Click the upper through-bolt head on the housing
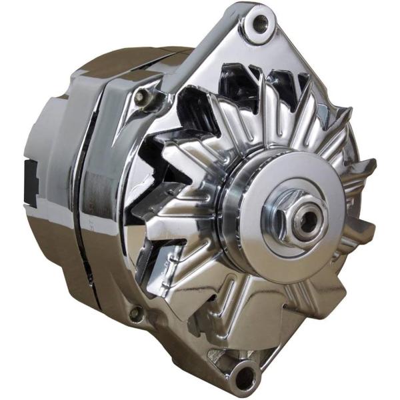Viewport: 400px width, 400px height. coord(141,97)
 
